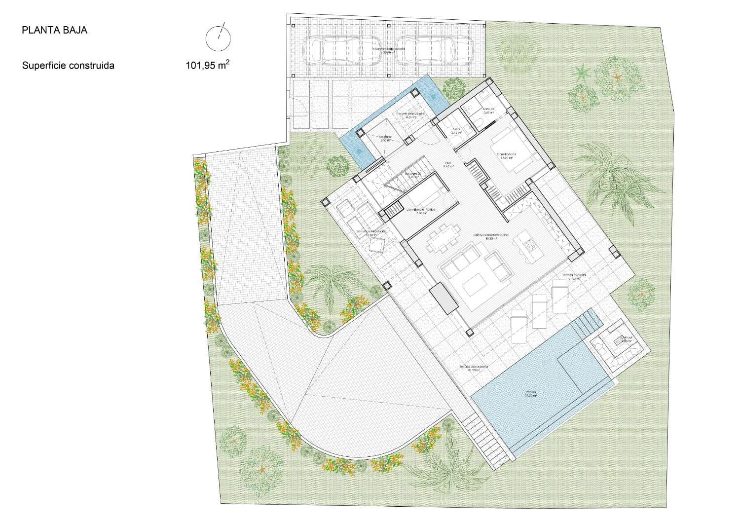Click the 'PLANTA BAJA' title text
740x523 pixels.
[54, 30]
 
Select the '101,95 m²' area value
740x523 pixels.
[207, 65]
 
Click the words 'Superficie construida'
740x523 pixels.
[68, 65]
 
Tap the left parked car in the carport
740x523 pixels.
[341, 51]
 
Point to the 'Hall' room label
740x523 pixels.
[448, 164]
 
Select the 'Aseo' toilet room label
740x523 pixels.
[457, 130]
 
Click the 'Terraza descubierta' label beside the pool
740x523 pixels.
[474, 368]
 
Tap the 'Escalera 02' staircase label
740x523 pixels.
[412, 175]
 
